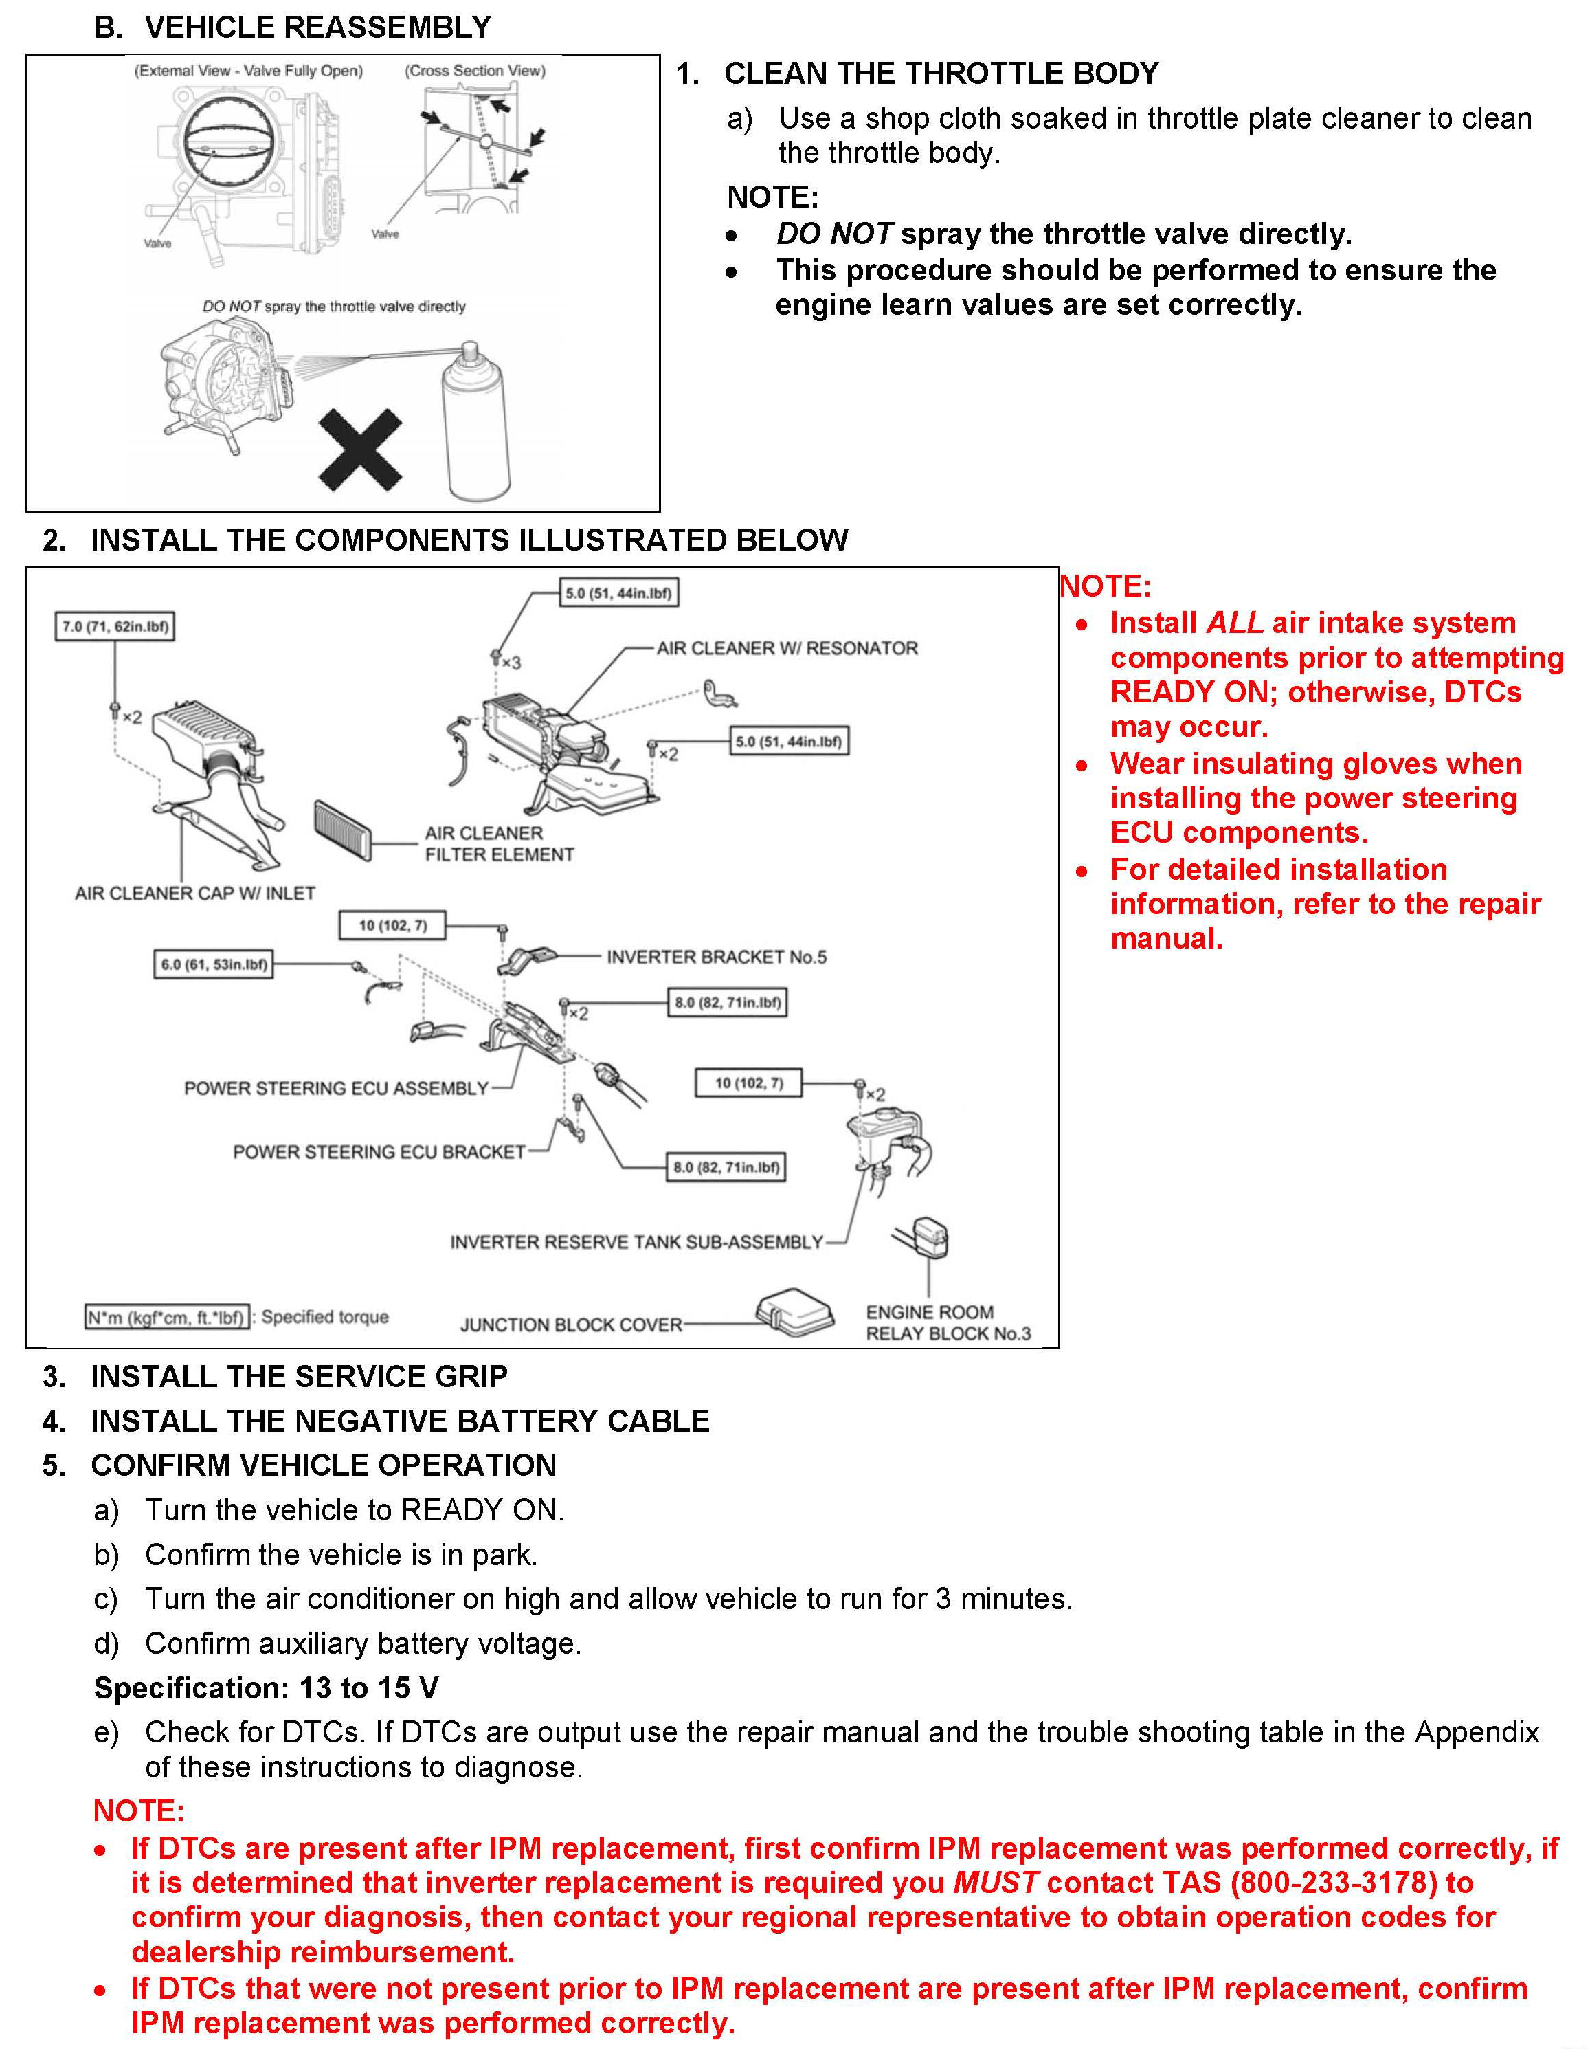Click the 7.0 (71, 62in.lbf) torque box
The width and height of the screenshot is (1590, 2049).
click(115, 627)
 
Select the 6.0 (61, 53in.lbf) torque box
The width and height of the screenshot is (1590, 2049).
click(214, 964)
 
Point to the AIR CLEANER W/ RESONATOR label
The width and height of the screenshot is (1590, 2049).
click(786, 648)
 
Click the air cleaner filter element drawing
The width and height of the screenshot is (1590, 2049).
click(344, 828)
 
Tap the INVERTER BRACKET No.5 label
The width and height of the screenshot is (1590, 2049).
click(716, 957)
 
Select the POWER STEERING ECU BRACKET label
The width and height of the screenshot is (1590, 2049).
click(379, 1151)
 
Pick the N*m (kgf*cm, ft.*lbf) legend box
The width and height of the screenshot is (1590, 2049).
click(167, 1317)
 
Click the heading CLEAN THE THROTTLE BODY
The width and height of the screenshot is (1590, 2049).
click(941, 73)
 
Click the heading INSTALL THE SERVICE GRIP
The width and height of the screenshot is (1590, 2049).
click(298, 1376)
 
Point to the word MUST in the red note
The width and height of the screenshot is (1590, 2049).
click(995, 1882)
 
